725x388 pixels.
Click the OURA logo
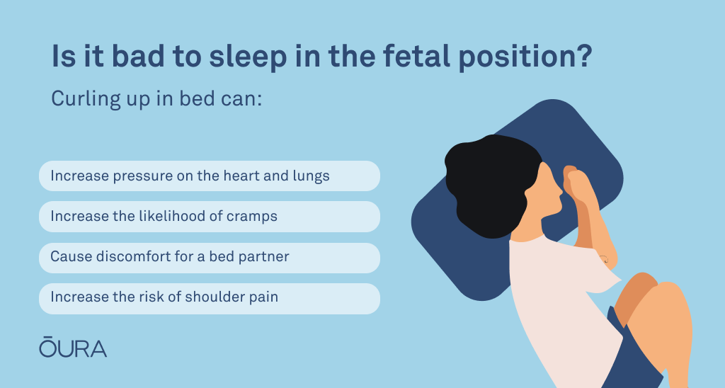tap(73, 348)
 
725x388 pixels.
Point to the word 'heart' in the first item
tap(242, 176)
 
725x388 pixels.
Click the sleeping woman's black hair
tap(490, 185)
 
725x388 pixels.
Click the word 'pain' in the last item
tap(263, 297)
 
